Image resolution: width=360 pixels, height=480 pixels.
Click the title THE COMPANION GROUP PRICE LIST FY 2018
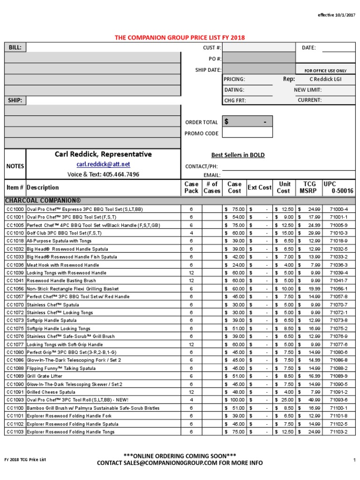coord(180,37)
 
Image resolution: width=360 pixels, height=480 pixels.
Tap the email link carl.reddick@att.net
coord(103,165)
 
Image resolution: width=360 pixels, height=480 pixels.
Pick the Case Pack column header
coord(191,187)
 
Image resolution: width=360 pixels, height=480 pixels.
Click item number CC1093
coord(15,400)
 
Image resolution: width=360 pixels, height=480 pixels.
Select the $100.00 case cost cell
coord(235,400)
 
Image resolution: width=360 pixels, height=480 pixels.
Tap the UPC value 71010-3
coord(338,233)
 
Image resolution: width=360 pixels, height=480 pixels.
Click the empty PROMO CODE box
coord(247,133)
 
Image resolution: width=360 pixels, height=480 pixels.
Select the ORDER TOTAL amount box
coord(247,122)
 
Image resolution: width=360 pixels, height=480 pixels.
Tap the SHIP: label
coord(15,100)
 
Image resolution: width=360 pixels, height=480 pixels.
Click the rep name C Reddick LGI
coord(326,79)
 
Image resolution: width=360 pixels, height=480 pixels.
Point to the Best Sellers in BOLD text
coord(238,155)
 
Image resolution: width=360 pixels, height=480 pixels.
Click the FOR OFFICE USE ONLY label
coord(325,70)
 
